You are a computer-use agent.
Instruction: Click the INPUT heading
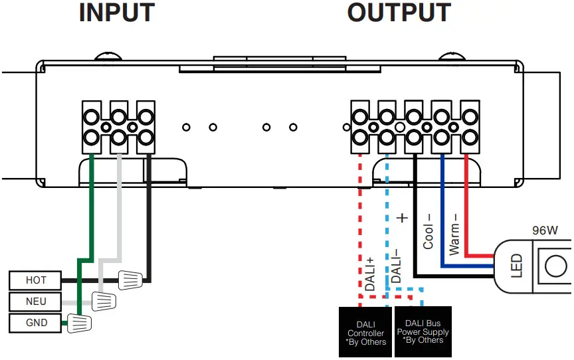click(x=116, y=13)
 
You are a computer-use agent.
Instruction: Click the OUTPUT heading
click(x=399, y=13)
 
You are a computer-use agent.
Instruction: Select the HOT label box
click(x=36, y=280)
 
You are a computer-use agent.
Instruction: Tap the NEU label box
click(x=36, y=302)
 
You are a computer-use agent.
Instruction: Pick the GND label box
click(x=36, y=323)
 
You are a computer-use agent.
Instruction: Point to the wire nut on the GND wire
click(x=79, y=323)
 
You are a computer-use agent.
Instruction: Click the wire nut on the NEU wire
click(x=104, y=302)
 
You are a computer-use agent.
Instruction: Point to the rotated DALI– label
click(x=396, y=266)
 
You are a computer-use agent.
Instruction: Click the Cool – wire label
click(x=429, y=230)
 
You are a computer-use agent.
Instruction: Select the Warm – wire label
click(x=454, y=233)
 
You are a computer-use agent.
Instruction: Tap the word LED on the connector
click(x=517, y=266)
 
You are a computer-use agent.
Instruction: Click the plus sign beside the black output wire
click(x=401, y=217)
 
